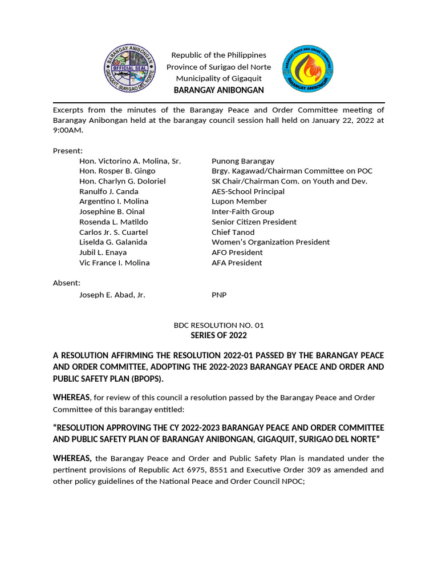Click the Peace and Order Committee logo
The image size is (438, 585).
[308, 69]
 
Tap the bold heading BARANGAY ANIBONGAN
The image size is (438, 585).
[218, 90]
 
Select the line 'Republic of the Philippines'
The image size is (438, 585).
[218, 55]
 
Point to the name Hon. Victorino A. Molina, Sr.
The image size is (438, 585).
[130, 161]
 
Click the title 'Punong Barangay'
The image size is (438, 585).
[243, 161]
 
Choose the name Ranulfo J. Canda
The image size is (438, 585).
[109, 191]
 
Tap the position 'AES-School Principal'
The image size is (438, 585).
[248, 191]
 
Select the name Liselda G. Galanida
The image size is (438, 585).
[113, 242]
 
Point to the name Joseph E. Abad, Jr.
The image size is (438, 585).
[112, 295]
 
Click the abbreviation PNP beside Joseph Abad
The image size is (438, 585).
[219, 295]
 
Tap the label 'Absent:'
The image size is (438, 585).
[67, 283]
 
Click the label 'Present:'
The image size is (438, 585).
[68, 151]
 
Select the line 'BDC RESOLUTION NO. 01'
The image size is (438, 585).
[219, 325]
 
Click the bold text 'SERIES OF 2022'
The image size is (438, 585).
[219, 335]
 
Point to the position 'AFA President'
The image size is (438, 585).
[237, 263]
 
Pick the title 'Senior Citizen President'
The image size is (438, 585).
[254, 222]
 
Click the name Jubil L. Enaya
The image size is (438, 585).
[103, 253]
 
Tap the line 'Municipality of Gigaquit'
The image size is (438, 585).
[218, 78]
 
